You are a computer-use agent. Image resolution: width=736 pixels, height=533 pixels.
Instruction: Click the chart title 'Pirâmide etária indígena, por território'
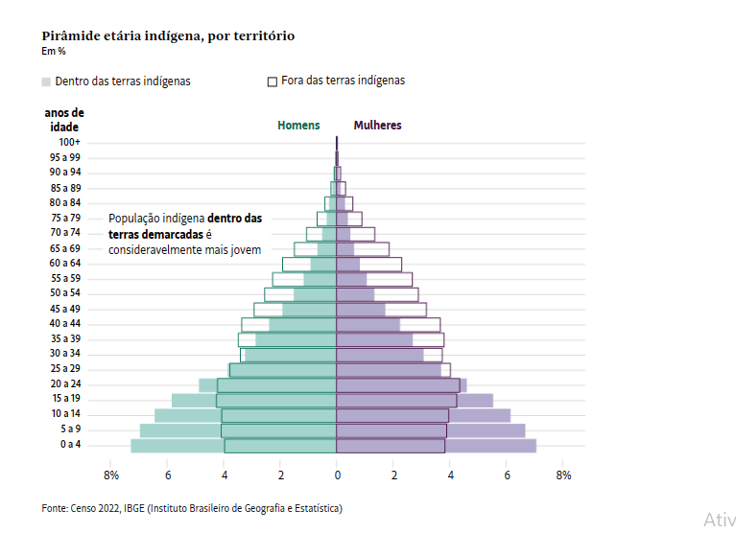pyautogui.click(x=168, y=35)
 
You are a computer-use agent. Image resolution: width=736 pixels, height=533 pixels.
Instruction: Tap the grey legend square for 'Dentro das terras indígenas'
pyautogui.click(x=46, y=81)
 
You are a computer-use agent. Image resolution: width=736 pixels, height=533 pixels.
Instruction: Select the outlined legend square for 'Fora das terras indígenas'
pyautogui.click(x=273, y=81)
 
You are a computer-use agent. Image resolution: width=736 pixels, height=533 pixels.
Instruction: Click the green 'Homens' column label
pyautogui.click(x=298, y=126)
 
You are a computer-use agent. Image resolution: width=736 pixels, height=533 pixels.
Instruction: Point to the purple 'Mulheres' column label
pyautogui.click(x=377, y=126)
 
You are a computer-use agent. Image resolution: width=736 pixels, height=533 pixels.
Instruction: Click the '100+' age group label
pyautogui.click(x=69, y=142)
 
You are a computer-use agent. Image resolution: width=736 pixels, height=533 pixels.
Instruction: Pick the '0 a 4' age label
pyautogui.click(x=69, y=445)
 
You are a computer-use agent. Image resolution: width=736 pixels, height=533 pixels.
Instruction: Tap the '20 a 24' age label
pyautogui.click(x=66, y=384)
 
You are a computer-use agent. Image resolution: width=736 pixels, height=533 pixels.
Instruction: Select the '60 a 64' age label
pyautogui.click(x=66, y=264)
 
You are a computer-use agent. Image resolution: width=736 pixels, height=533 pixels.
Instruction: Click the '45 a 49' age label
pyautogui.click(x=66, y=309)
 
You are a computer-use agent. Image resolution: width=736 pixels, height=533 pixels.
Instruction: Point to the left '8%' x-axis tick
pyautogui.click(x=111, y=475)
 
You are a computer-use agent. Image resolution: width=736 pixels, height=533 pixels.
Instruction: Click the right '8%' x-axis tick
pyautogui.click(x=563, y=475)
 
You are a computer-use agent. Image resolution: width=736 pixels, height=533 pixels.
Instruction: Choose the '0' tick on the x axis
pyautogui.click(x=337, y=475)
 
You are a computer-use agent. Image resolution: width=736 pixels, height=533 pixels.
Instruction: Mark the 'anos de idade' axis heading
pyautogui.click(x=64, y=119)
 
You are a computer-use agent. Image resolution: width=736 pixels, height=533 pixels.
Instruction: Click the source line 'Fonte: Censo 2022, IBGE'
pyautogui.click(x=192, y=508)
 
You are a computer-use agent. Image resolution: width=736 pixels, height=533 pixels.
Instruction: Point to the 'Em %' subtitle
pyautogui.click(x=53, y=51)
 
